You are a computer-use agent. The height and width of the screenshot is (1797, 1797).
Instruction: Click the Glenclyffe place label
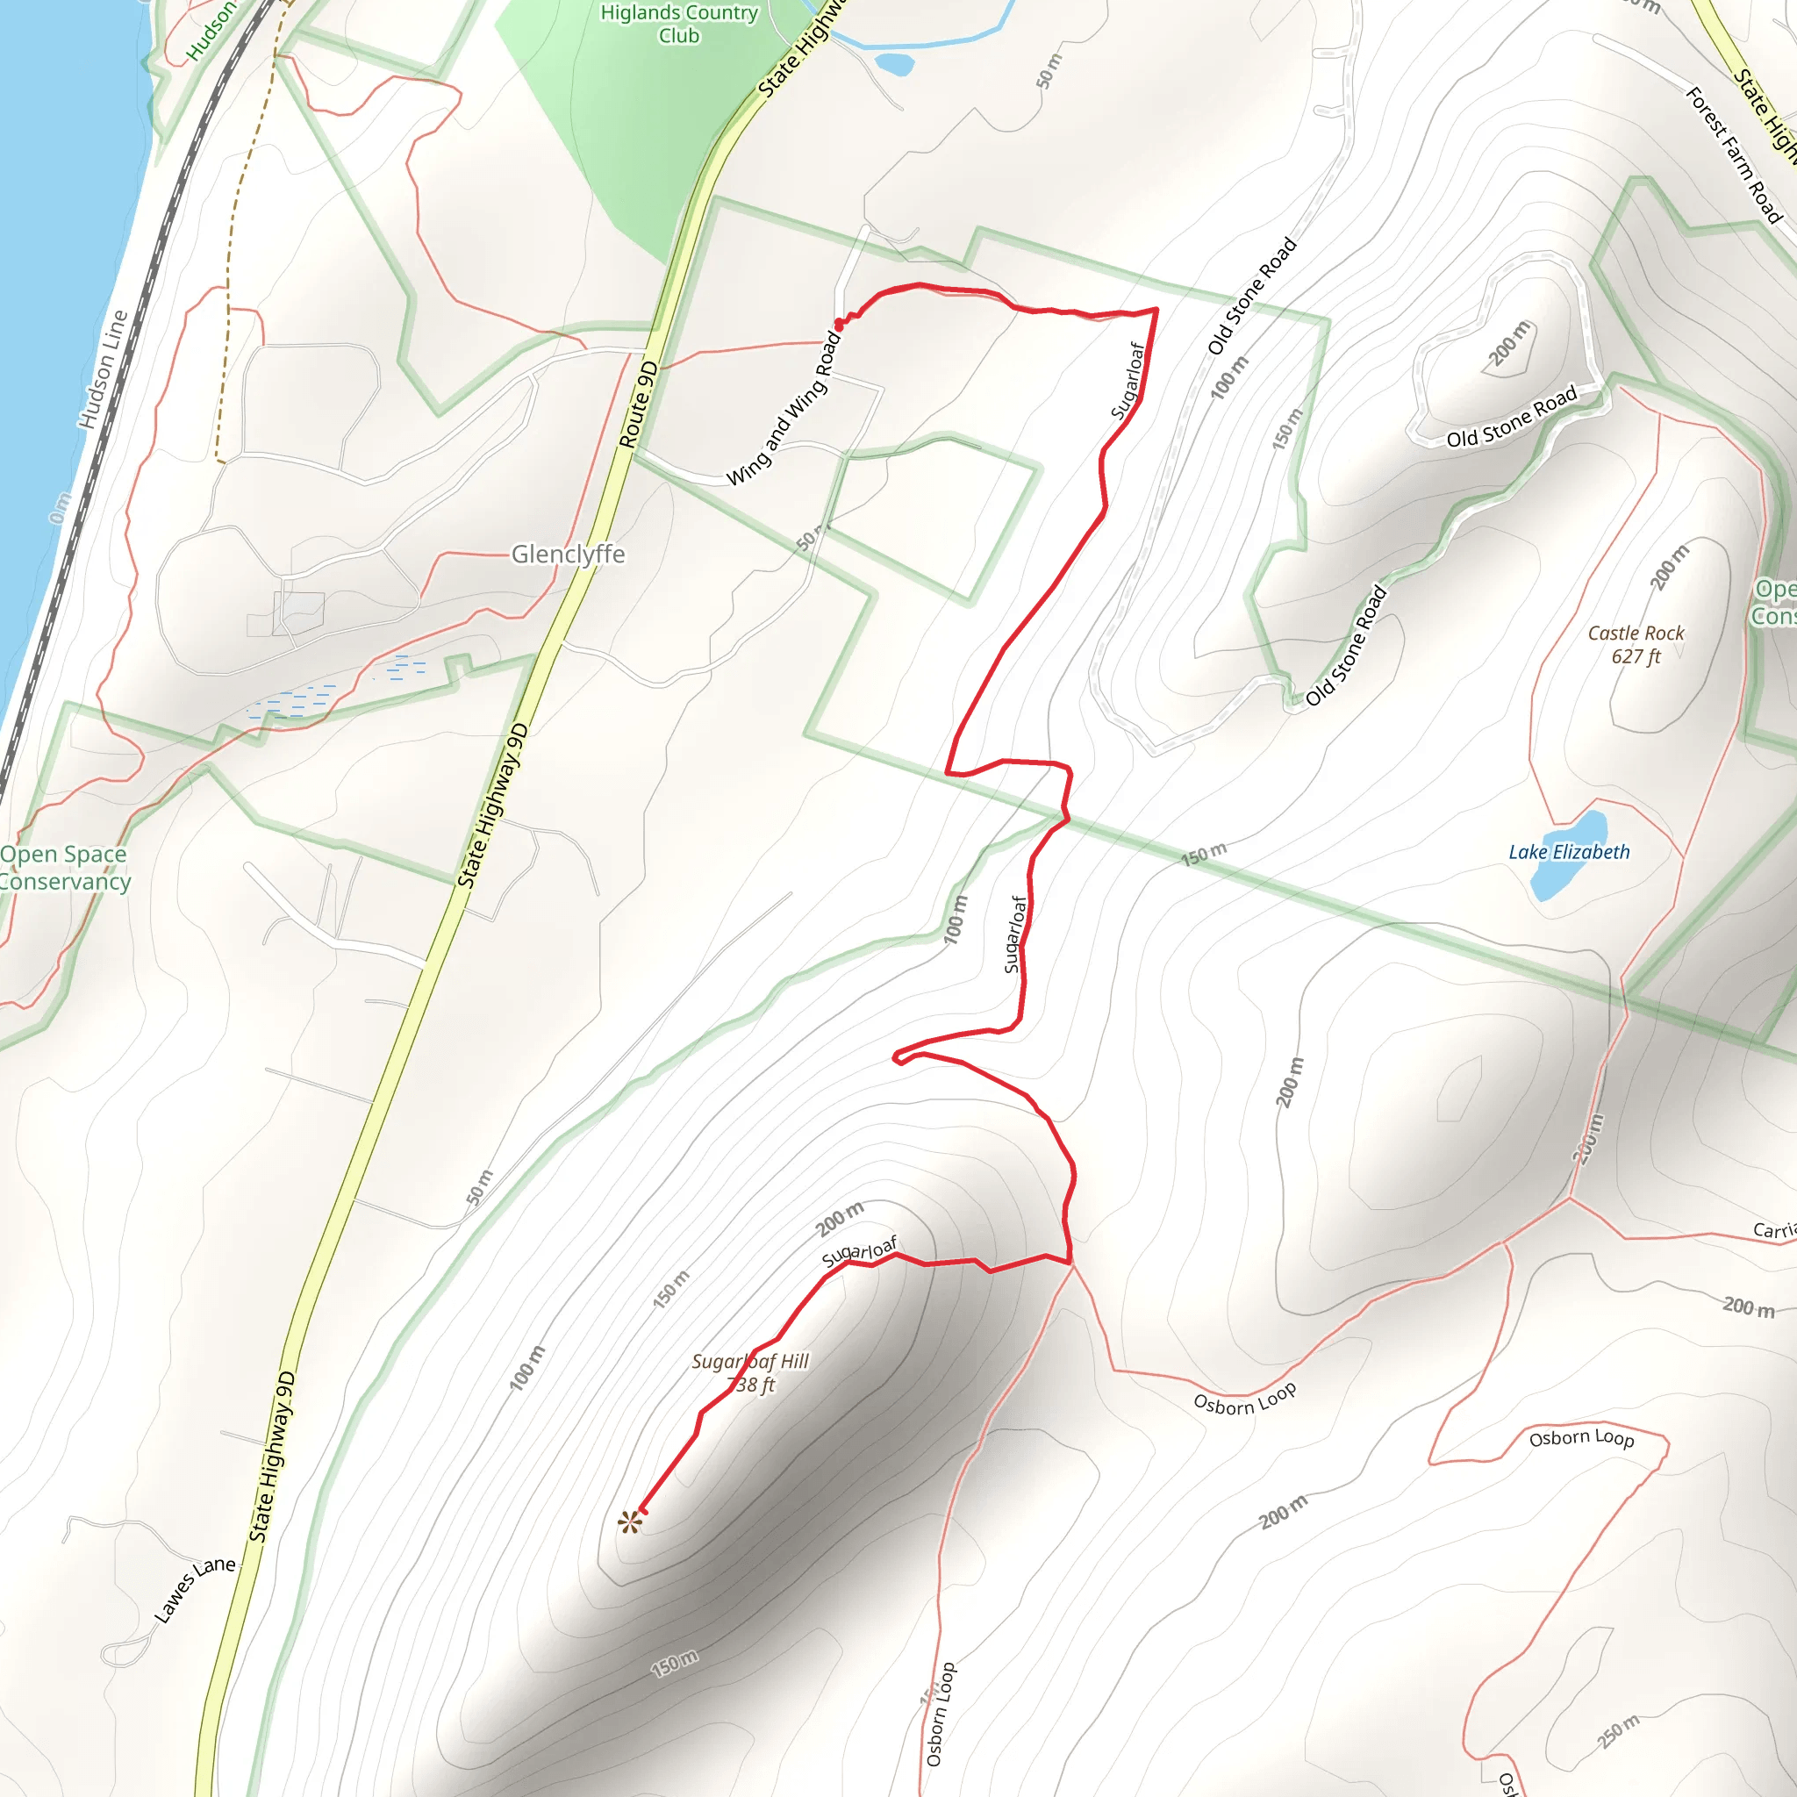coord(568,555)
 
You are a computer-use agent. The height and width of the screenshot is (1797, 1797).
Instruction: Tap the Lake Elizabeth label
coord(1569,852)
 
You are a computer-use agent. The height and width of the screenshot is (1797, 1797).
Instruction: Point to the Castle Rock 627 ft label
coord(1636,645)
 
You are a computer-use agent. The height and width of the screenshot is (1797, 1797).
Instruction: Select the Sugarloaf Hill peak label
coord(750,1373)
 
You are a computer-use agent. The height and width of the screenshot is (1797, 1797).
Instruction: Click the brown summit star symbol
coord(630,1522)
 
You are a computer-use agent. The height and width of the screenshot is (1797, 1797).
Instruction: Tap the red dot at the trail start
coord(839,325)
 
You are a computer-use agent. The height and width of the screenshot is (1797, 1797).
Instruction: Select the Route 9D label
coord(639,405)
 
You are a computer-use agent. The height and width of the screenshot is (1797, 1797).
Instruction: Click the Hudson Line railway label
coord(103,369)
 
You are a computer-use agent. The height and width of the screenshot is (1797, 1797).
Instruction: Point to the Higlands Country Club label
coord(679,25)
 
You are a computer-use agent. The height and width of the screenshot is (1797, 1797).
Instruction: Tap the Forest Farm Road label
coord(1734,155)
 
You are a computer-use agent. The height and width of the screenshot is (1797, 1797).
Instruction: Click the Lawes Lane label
coord(195,1589)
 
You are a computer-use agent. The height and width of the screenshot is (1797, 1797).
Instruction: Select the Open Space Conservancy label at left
coord(63,868)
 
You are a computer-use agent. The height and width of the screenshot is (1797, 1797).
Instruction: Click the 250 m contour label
coord(1620,1731)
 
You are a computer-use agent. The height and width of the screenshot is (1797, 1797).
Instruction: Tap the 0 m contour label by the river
coord(60,508)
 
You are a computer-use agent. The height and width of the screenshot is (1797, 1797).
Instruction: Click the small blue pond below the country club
coord(895,63)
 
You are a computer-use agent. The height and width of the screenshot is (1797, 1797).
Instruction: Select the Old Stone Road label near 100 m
coord(1252,296)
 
